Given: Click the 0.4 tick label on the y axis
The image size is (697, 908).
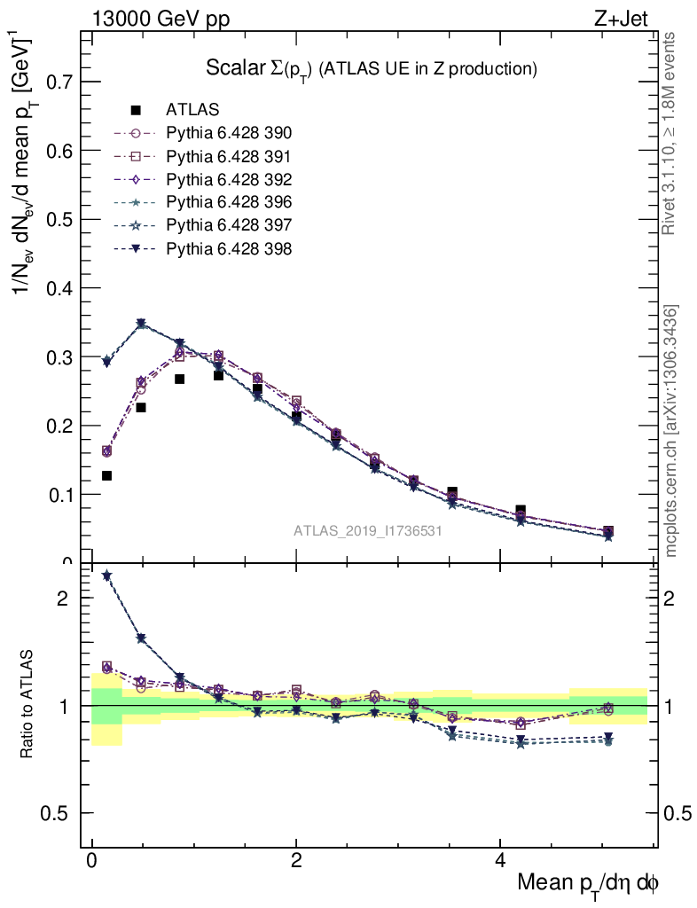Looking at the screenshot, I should [x=61, y=289].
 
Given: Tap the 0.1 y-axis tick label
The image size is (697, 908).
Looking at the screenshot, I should [x=61, y=495].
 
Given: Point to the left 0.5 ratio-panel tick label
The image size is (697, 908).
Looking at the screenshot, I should [x=60, y=814].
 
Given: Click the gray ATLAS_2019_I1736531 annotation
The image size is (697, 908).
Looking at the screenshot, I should [x=368, y=531].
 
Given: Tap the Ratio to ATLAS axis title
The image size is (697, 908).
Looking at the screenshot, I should [x=27, y=704].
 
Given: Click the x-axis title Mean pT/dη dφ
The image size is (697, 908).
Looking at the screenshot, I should [x=588, y=884].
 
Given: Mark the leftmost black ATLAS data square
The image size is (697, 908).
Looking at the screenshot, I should [x=106, y=476].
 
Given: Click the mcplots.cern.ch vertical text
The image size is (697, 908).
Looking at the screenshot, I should [x=672, y=432].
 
